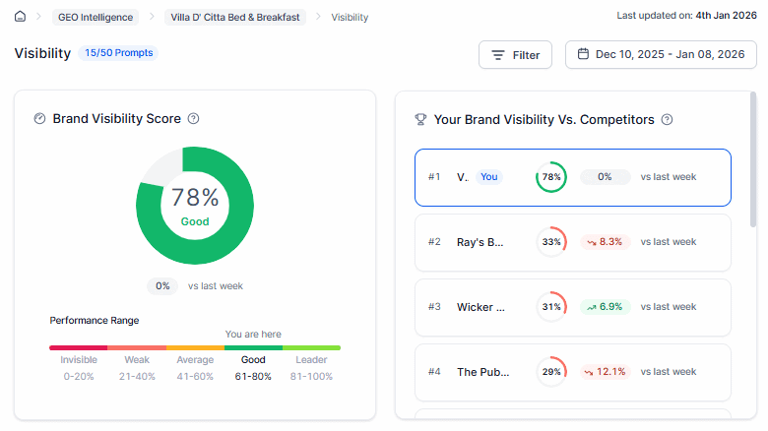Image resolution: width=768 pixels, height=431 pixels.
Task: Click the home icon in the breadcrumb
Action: pos(20,17)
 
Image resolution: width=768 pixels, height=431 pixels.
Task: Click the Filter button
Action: pos(515,55)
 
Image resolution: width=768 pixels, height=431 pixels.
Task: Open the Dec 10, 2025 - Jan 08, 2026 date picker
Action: pos(661,55)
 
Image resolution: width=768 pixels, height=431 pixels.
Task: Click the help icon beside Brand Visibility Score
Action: pos(194,119)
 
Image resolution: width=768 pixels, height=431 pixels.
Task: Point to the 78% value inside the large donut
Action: pos(195,197)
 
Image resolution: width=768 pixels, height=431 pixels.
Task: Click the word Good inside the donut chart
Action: pos(195,221)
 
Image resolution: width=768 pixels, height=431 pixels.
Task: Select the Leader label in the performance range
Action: pos(311,360)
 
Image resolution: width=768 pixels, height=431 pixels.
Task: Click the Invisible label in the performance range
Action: pos(79,360)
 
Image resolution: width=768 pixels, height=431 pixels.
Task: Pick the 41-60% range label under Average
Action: pos(195,376)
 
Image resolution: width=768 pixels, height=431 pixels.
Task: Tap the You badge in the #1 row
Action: pos(489,177)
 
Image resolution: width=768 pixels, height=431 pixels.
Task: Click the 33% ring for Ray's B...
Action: pos(551,242)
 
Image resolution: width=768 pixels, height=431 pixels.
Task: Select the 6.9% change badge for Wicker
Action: pos(605,307)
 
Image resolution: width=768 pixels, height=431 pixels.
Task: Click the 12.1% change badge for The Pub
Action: pos(605,372)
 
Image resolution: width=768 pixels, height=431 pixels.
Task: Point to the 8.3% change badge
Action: pos(605,242)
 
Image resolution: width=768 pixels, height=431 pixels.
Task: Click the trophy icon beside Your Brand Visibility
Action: pos(420,119)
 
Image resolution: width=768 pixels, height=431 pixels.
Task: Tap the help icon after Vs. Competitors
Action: pos(667,119)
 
